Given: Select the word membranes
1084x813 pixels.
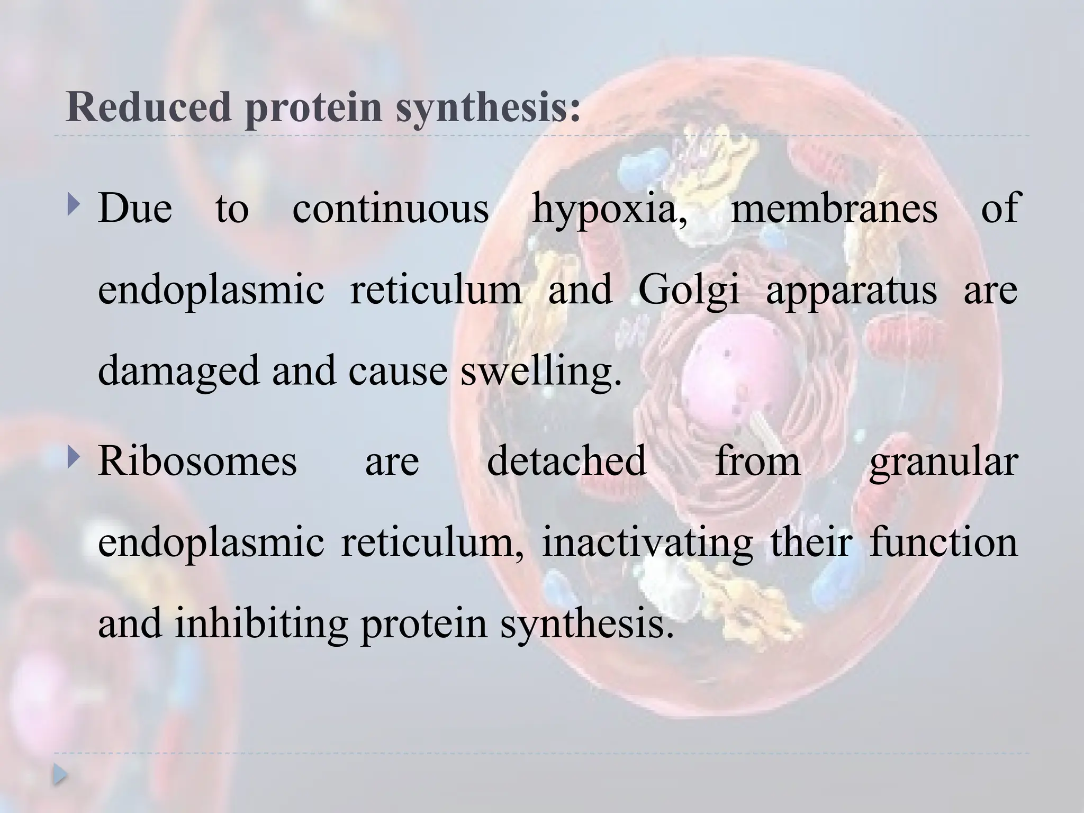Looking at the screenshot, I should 834,207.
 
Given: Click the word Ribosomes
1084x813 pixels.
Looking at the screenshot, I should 197,460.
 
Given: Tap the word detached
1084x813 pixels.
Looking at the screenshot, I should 566,460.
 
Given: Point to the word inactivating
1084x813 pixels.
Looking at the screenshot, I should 647,544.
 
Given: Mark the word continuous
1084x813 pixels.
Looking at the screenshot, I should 391,208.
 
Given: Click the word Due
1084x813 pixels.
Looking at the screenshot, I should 135,208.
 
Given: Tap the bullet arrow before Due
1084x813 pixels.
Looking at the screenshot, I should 73,202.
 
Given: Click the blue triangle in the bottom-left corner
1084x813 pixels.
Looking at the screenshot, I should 60,775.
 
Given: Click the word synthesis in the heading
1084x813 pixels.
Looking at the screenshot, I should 487,107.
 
